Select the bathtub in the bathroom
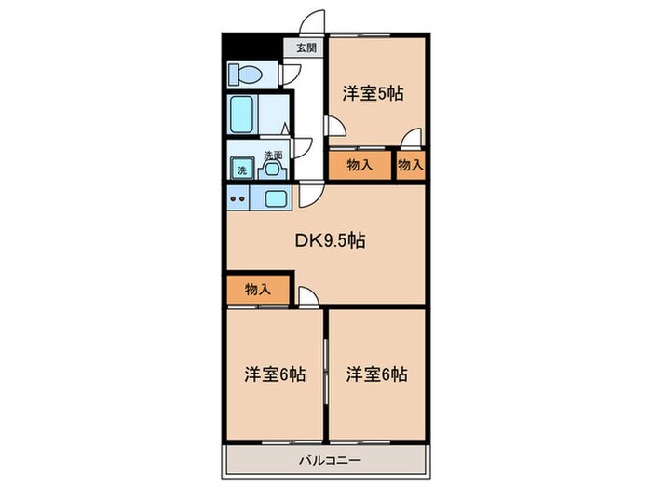click(x=244, y=115)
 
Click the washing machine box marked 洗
click(x=241, y=170)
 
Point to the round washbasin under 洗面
click(x=272, y=170)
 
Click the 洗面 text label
click(x=272, y=155)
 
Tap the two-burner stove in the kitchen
click(x=237, y=197)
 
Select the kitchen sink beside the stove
click(x=277, y=197)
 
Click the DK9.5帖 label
click(x=330, y=240)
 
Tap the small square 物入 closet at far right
click(x=410, y=166)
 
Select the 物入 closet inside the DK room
click(x=258, y=290)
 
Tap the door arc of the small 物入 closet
click(x=409, y=140)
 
